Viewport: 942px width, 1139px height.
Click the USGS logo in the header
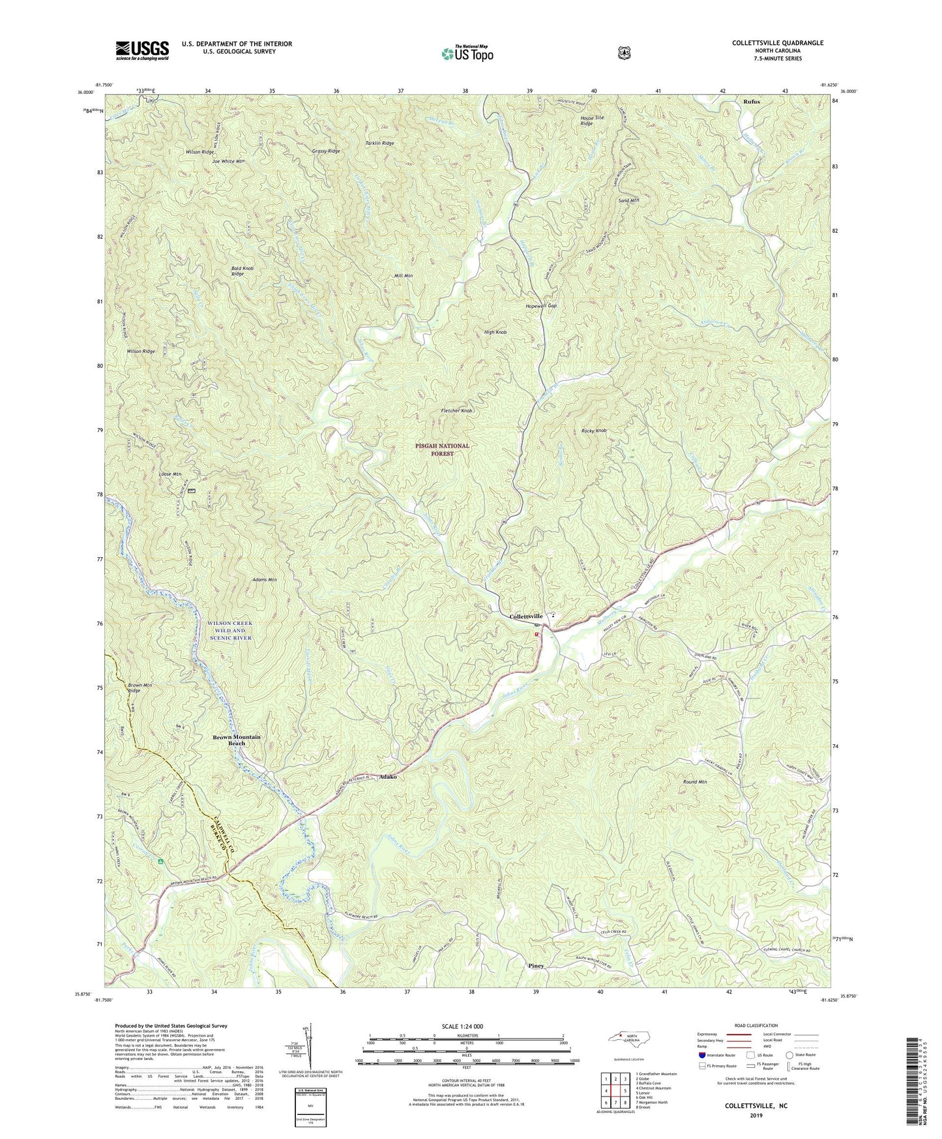(142, 50)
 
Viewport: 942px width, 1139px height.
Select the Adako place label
(388, 777)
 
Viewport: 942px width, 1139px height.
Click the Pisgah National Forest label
(442, 449)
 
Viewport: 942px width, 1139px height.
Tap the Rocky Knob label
(594, 431)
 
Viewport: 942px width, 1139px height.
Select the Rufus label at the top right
(751, 102)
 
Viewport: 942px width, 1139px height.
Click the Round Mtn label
(694, 782)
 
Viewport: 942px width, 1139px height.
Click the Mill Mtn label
(404, 276)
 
